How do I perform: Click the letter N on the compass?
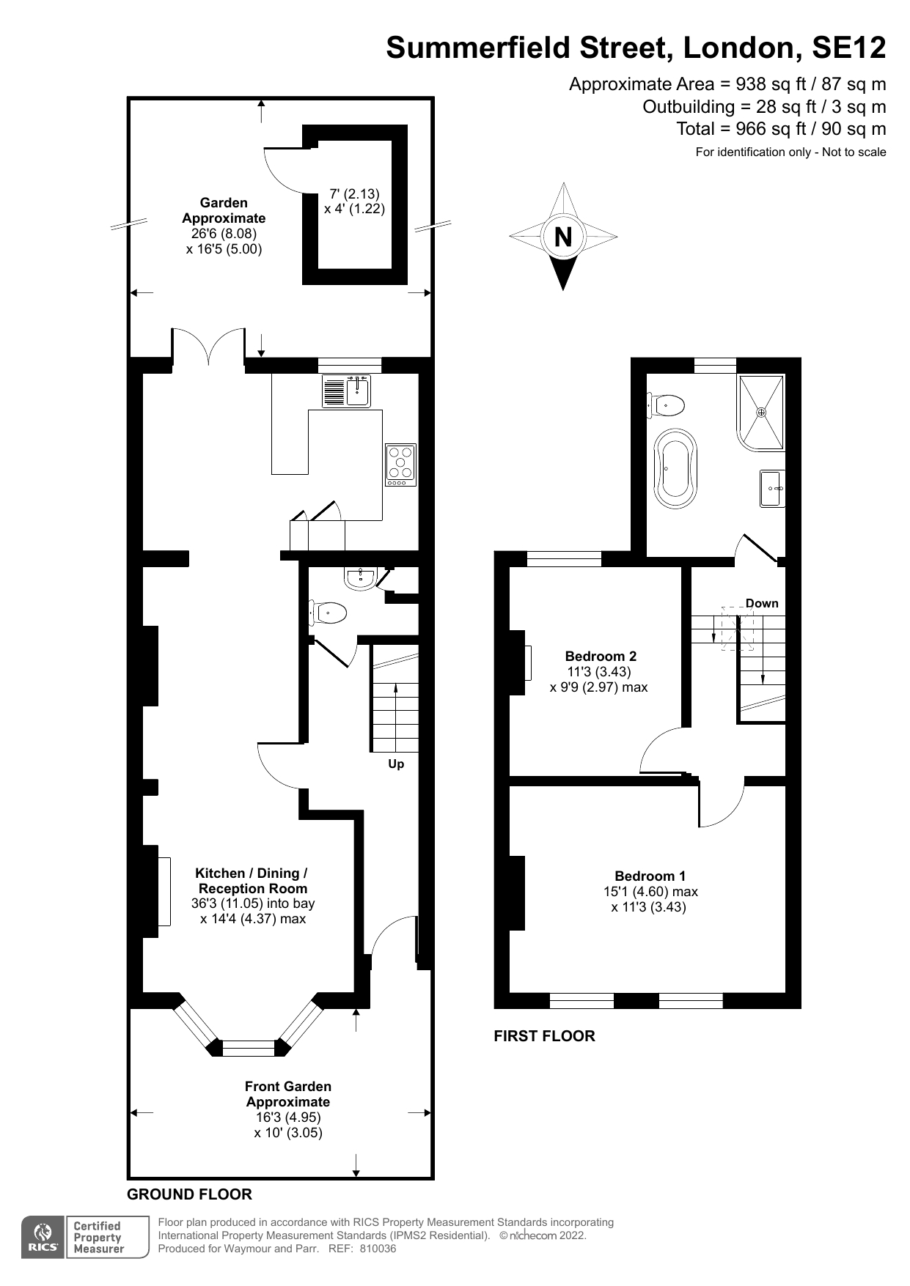pos(563,237)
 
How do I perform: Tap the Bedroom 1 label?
pos(650,876)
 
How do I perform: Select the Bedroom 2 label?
pos(601,656)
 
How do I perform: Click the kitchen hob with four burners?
pos(400,465)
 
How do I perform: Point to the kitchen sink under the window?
pos(346,391)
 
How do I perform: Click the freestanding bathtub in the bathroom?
pos(675,469)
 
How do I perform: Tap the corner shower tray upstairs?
pos(761,412)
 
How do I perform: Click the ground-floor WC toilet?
pos(328,612)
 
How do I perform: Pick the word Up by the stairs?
pos(396,764)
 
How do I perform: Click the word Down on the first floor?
pos(762,603)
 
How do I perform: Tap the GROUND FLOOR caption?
pos(189,1194)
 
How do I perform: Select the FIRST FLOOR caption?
pos(544,1036)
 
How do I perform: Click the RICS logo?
pos(43,1238)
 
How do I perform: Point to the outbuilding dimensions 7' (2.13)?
pos(354,193)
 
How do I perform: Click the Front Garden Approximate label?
pos(288,1094)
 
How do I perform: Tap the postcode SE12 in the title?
pos(849,48)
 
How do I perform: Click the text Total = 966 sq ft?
pos(744,129)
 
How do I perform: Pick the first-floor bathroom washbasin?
pos(772,489)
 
